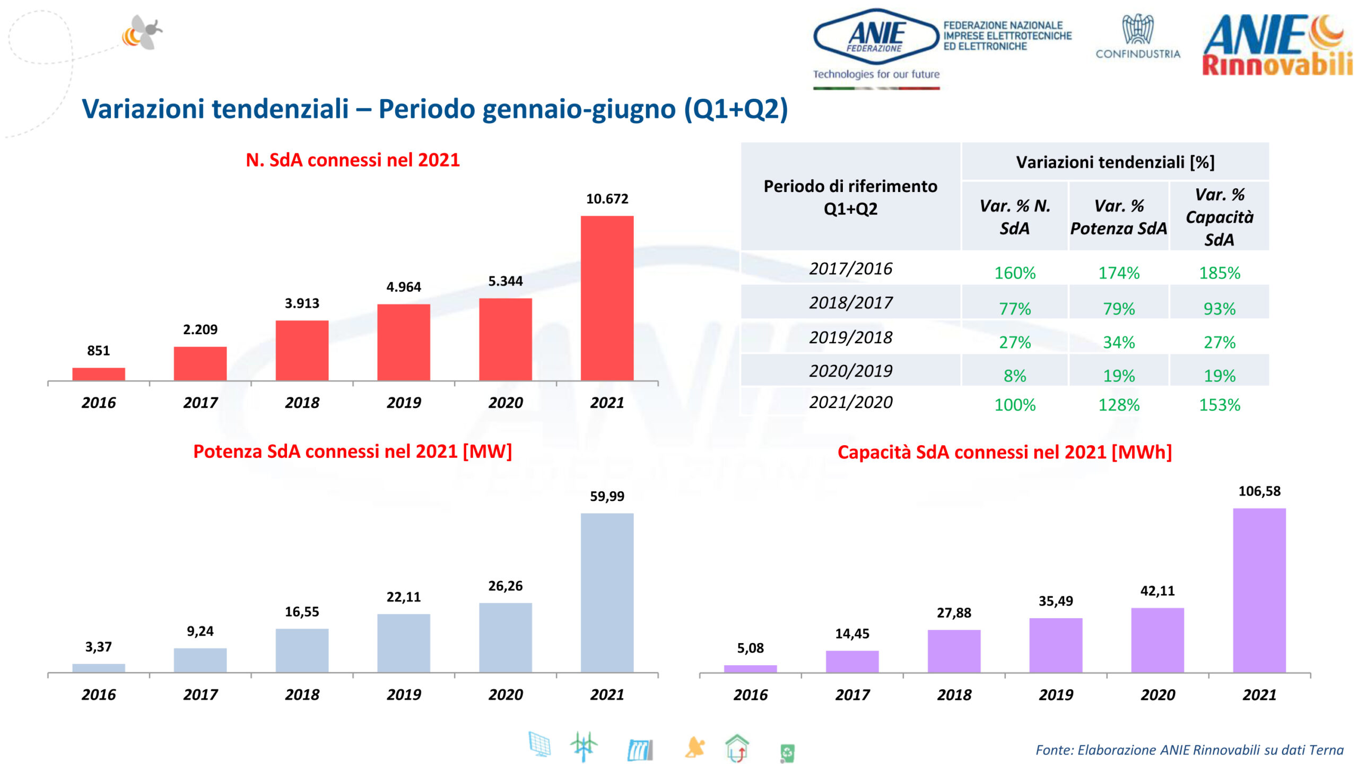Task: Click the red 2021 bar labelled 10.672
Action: [607, 298]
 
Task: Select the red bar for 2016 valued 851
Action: [99, 374]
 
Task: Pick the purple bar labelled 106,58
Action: [1259, 590]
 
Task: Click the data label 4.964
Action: [403, 287]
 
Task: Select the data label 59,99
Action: [607, 497]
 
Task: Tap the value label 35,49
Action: [1055, 601]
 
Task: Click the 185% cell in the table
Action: [1219, 273]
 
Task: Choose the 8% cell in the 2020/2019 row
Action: [1014, 376]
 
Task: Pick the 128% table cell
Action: [1118, 405]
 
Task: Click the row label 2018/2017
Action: [850, 302]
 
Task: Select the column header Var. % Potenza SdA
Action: [1118, 217]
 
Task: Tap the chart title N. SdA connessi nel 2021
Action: [352, 160]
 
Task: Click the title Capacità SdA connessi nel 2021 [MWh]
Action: [1004, 452]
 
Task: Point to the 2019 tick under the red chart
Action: [403, 403]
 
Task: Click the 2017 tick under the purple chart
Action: [852, 694]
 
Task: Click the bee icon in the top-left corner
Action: [142, 33]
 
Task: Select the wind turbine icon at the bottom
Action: [583, 746]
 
